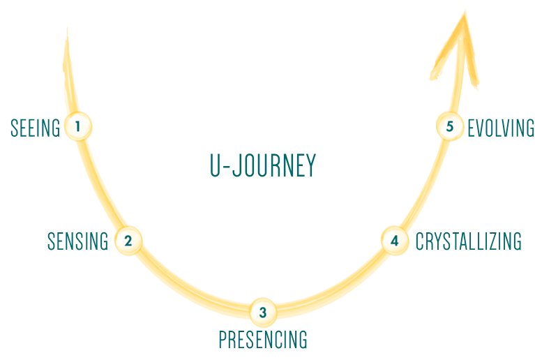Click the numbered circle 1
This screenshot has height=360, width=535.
tap(78, 126)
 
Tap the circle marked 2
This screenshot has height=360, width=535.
tap(128, 241)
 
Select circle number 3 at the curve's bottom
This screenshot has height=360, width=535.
tap(262, 312)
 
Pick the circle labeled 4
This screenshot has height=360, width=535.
tap(394, 241)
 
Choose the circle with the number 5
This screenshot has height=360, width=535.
tap(450, 126)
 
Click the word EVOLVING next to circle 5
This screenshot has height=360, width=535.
tap(501, 128)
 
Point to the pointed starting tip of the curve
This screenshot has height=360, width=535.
tap(67, 31)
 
